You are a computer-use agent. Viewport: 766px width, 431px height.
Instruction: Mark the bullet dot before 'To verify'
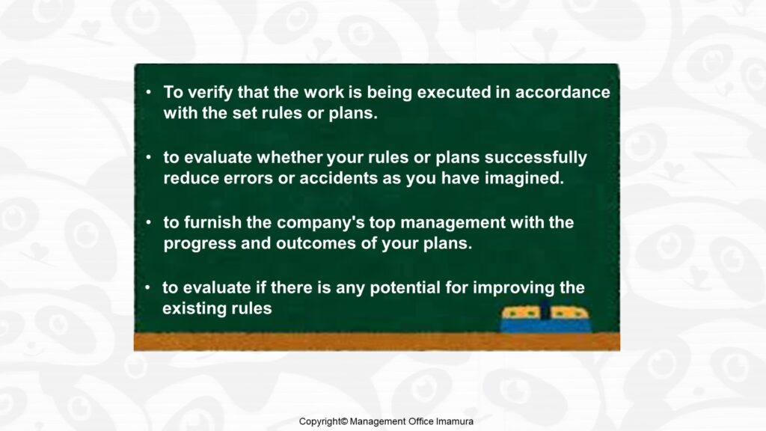pyautogui.click(x=149, y=92)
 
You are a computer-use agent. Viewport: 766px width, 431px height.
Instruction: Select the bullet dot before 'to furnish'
pyautogui.click(x=149, y=222)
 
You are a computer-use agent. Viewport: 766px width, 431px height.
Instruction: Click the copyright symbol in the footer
pyautogui.click(x=344, y=421)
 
